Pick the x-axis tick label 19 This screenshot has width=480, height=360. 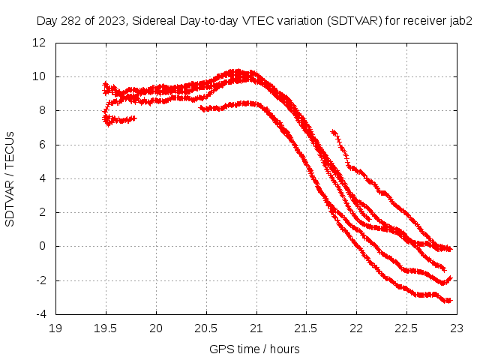pos(56,328)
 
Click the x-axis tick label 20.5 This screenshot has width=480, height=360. pos(206,328)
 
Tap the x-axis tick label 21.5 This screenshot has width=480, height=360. pos(306,328)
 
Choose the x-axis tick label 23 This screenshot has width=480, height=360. pos(456,328)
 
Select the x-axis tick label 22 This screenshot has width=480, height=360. pos(356,328)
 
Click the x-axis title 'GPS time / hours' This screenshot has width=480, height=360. pos(256,349)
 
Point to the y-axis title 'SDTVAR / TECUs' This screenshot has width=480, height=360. pos(10,178)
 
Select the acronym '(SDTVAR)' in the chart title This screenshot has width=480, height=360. pos(354,21)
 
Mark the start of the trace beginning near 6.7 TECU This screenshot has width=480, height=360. pos(332,132)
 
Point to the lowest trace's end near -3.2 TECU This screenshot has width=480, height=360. pos(450,301)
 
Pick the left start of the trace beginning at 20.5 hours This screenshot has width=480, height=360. pos(202,108)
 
